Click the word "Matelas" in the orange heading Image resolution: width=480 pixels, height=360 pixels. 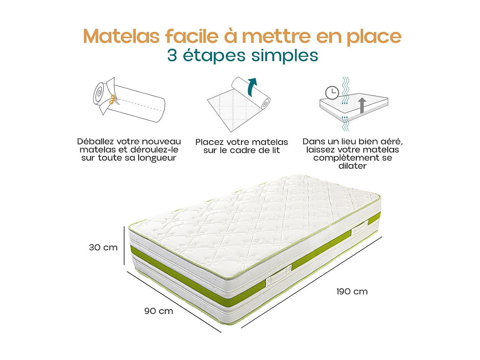pyautogui.click(x=121, y=36)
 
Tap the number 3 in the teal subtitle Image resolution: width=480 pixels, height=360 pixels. pyautogui.click(x=172, y=55)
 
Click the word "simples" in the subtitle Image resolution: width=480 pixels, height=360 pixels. pyautogui.click(x=284, y=55)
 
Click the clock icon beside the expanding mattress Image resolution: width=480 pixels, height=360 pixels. pyautogui.click(x=332, y=93)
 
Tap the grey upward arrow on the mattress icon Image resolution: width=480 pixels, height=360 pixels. pyautogui.click(x=362, y=105)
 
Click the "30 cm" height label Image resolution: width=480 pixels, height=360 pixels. pyautogui.click(x=103, y=247)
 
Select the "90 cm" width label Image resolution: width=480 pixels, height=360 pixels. pyautogui.click(x=159, y=311)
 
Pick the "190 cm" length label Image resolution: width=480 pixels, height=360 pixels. pyautogui.click(x=352, y=292)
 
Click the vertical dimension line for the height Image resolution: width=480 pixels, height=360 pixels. pyautogui.click(x=124, y=245)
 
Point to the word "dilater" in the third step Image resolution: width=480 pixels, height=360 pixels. pyautogui.click(x=352, y=166)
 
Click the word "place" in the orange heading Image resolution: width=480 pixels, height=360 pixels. pyautogui.click(x=374, y=37)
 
